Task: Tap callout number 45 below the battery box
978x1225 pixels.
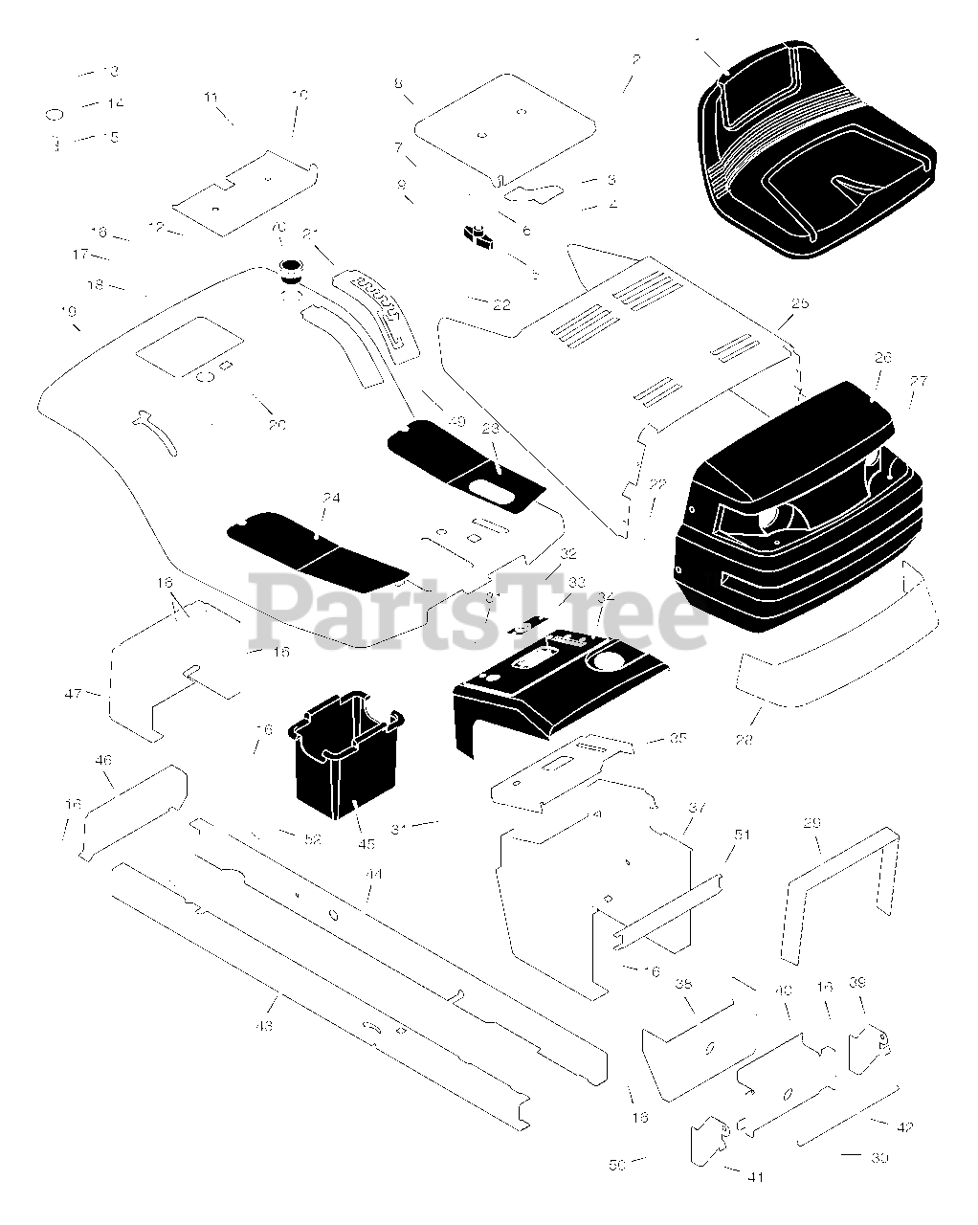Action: coord(367,843)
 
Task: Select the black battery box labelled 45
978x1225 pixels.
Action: coord(340,756)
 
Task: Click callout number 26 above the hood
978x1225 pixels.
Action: coord(882,358)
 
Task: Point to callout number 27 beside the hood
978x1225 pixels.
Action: coord(918,381)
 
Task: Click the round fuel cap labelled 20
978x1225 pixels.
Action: coord(289,268)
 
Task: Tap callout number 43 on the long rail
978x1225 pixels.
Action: coord(264,1026)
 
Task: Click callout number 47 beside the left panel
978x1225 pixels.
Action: coord(74,692)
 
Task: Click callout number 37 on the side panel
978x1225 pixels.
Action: coord(696,808)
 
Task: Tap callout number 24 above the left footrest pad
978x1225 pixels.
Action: coord(331,498)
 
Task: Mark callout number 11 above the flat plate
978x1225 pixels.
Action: coord(211,97)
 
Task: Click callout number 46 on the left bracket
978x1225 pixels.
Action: coord(103,760)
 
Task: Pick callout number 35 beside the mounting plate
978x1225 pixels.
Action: coord(678,738)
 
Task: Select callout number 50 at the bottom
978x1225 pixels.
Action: coord(616,1164)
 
